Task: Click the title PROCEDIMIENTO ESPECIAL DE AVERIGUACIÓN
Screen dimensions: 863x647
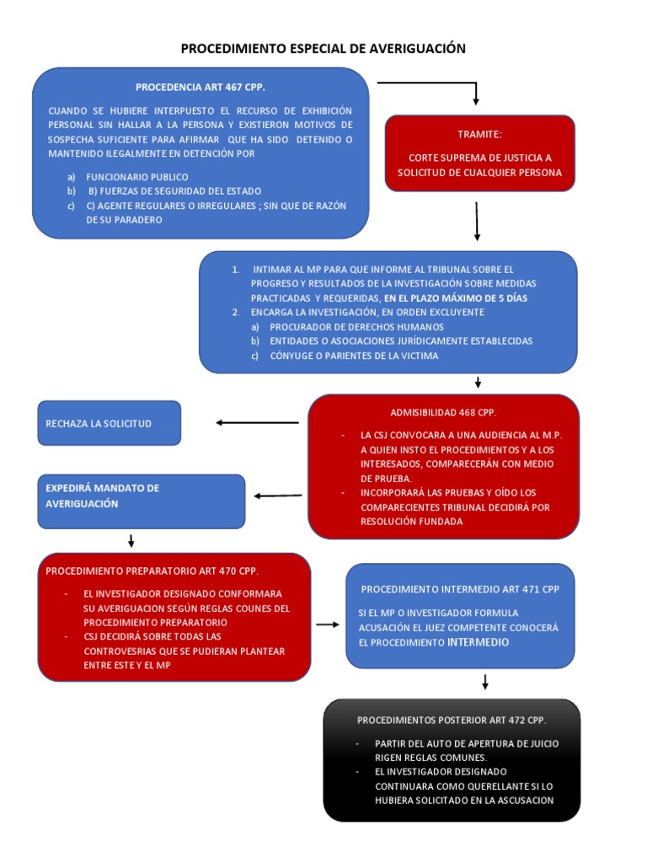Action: click(323, 49)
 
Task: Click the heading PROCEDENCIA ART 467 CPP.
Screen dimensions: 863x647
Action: click(201, 87)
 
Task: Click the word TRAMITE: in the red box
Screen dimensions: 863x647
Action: click(479, 134)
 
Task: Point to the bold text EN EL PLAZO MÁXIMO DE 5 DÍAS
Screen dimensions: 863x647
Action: click(456, 298)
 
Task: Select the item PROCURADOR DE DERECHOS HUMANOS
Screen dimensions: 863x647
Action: click(356, 326)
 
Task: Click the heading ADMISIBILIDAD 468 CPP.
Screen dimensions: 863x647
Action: click(443, 412)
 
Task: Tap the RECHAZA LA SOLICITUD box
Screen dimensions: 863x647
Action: click(110, 423)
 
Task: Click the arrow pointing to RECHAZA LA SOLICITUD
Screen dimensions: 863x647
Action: click(258, 422)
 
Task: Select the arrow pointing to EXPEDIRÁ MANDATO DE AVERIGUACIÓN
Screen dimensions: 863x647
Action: click(278, 496)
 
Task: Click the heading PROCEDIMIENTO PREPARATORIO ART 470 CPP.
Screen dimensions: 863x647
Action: click(152, 571)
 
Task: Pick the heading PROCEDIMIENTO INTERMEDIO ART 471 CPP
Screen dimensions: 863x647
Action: click(459, 589)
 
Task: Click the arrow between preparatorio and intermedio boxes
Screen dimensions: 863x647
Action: click(328, 624)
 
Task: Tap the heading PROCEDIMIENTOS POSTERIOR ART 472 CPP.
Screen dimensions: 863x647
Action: click(451, 720)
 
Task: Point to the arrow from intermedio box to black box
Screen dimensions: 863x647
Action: click(485, 682)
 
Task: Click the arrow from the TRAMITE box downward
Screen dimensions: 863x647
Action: click(477, 221)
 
